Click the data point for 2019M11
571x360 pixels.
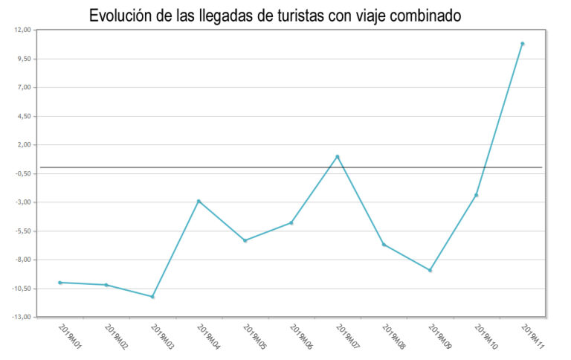click(x=523, y=44)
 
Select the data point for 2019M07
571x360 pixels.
click(x=338, y=156)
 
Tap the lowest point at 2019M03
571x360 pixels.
click(x=152, y=297)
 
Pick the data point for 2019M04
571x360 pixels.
click(x=199, y=201)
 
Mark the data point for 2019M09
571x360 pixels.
click(x=430, y=270)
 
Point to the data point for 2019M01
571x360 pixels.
click(x=59, y=283)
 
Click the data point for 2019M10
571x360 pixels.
click(x=477, y=195)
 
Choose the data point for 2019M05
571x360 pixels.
click(x=245, y=240)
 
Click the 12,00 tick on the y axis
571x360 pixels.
click(x=22, y=30)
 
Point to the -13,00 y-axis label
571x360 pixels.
click(x=21, y=317)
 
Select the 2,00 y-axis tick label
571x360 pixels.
click(x=23, y=145)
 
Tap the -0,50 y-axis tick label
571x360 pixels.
click(x=22, y=173)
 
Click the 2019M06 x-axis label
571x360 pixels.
click(x=300, y=338)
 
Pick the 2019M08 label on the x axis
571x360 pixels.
click(x=393, y=338)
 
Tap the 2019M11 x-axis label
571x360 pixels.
click(x=532, y=338)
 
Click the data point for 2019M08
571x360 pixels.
click(x=384, y=244)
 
